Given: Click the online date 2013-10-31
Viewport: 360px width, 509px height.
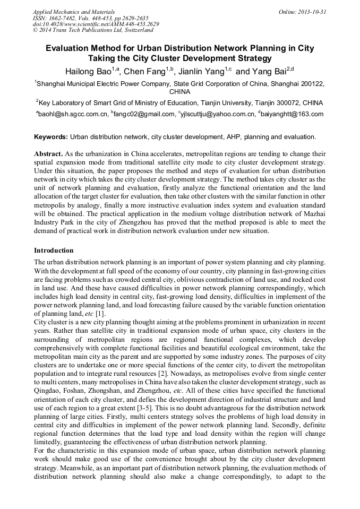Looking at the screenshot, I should click(x=312, y=12).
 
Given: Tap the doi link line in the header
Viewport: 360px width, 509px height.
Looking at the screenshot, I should click(x=96, y=24).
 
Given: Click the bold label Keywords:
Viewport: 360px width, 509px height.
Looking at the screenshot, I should click(x=51, y=137).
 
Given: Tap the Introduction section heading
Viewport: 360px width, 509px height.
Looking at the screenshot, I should click(x=54, y=250).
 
